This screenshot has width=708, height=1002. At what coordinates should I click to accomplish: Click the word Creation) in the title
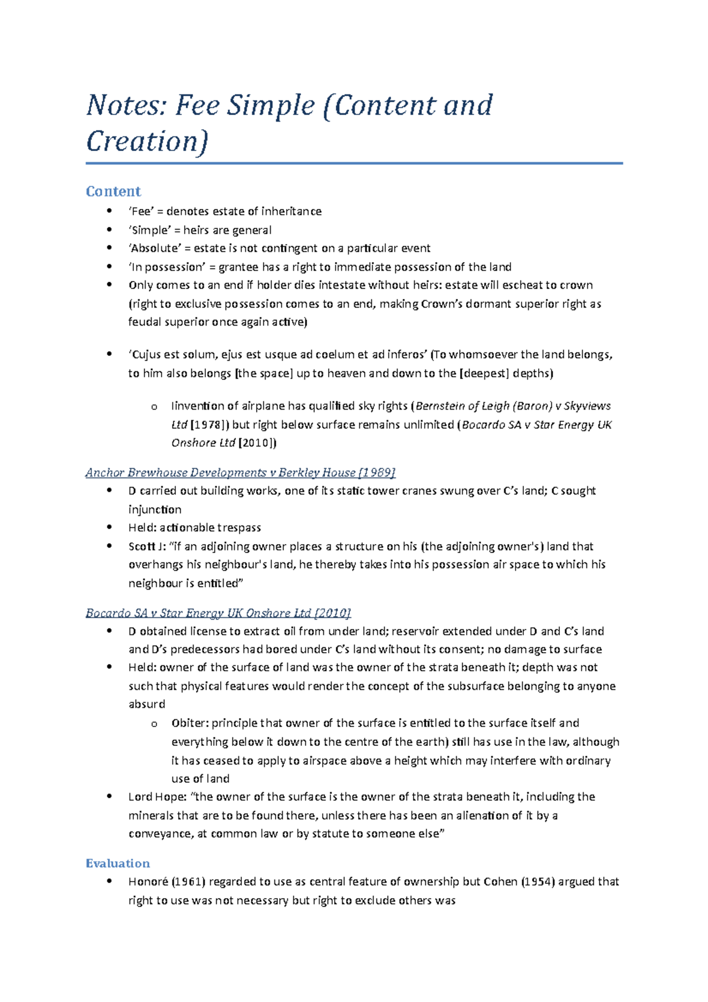[147, 142]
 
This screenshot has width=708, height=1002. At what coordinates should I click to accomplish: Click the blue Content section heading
[113, 191]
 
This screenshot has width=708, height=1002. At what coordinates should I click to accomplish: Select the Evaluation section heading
[117, 863]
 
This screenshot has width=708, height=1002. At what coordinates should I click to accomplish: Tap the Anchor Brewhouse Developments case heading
[240, 472]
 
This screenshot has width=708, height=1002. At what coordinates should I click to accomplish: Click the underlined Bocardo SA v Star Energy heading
[218, 613]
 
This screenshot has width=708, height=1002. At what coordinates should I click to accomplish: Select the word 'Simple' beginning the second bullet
[150, 230]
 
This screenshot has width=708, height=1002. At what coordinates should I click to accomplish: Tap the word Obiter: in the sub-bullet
[190, 723]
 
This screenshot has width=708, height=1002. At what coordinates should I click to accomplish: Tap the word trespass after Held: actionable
[239, 528]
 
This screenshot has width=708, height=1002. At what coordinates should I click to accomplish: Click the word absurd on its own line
[147, 704]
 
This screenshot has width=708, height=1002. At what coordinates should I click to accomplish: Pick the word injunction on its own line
[155, 509]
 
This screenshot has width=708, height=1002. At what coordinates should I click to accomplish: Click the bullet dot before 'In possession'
[109, 266]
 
